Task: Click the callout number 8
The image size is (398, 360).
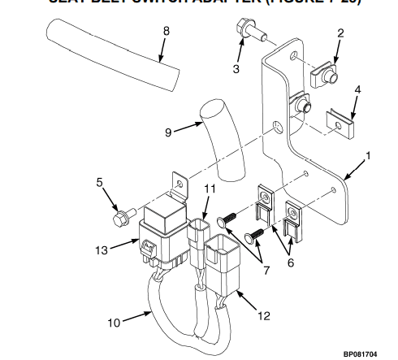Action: tap(166, 32)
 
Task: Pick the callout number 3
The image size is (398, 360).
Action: tap(236, 69)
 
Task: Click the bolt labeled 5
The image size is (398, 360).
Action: tap(123, 218)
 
